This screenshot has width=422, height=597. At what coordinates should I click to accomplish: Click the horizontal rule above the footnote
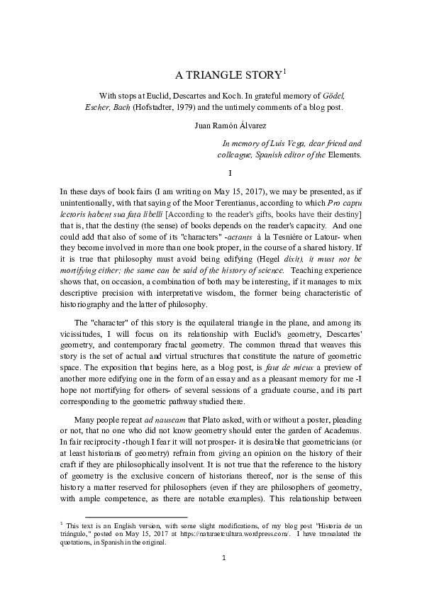click(135, 518)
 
